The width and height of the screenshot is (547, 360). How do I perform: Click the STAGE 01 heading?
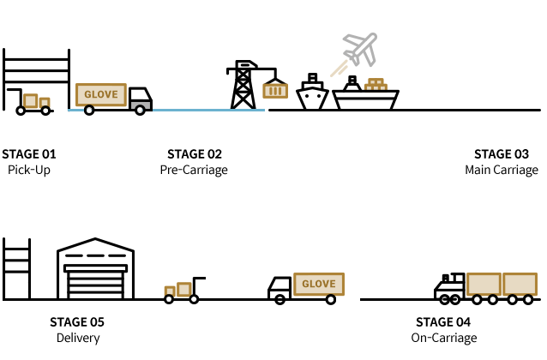(29, 154)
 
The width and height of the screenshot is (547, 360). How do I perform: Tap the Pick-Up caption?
(29, 170)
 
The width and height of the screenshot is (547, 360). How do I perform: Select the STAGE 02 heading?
(195, 154)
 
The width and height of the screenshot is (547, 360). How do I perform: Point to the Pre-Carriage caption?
(195, 170)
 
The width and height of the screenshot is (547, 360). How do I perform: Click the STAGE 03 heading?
(502, 154)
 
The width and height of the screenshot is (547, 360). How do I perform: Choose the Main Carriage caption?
(502, 170)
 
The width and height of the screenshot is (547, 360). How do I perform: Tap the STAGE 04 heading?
(443, 322)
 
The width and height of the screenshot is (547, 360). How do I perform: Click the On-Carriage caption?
(443, 338)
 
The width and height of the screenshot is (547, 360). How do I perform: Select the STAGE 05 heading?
(77, 322)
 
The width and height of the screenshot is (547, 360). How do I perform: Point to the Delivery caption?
(77, 338)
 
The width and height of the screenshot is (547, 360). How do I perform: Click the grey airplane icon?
(360, 49)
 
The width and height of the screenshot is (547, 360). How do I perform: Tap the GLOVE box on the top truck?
(101, 95)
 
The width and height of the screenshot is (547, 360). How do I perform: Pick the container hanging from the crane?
(275, 89)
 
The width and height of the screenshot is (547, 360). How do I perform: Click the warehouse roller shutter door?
(96, 281)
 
